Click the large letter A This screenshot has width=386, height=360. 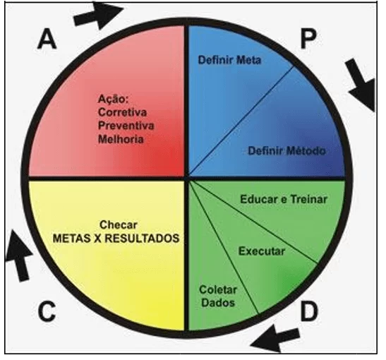(47, 39)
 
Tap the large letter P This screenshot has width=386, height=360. (308, 39)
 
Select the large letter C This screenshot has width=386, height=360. (47, 311)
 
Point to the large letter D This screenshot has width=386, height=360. (309, 311)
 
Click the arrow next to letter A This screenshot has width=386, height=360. (99, 16)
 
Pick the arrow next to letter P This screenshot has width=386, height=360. (361, 85)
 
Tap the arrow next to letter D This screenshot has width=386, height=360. (275, 338)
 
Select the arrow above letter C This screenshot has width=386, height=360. (19, 256)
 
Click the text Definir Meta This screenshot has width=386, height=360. (229, 60)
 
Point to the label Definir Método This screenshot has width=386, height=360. (287, 150)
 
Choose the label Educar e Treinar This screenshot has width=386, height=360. (284, 199)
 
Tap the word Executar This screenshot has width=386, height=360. (262, 251)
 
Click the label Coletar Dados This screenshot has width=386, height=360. (218, 296)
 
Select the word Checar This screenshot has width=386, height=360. (118, 224)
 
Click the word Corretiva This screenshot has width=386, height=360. (122, 112)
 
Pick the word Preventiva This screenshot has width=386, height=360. (126, 126)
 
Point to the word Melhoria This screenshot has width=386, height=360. (121, 139)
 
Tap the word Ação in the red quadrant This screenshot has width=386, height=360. (113, 100)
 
